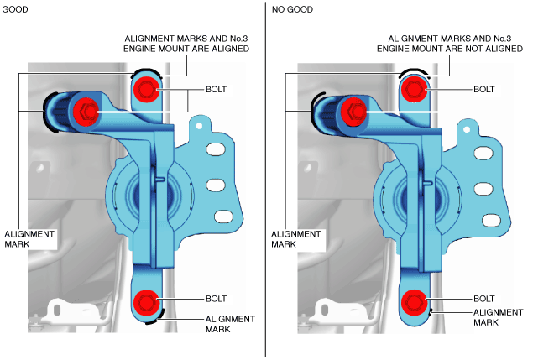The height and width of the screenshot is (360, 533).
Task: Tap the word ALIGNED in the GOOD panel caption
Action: tap(227, 50)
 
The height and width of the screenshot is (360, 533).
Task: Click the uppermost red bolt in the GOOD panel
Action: tap(145, 89)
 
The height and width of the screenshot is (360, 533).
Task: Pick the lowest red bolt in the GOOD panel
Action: tap(146, 301)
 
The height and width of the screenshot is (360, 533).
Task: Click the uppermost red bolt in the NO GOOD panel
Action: tap(414, 90)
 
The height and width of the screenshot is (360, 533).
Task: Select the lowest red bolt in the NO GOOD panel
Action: tap(414, 301)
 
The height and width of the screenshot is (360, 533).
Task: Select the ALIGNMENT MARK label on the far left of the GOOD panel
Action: tap(29, 239)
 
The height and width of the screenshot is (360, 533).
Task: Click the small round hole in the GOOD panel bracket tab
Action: tap(199, 126)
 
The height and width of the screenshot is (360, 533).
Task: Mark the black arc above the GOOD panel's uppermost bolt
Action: tap(144, 71)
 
